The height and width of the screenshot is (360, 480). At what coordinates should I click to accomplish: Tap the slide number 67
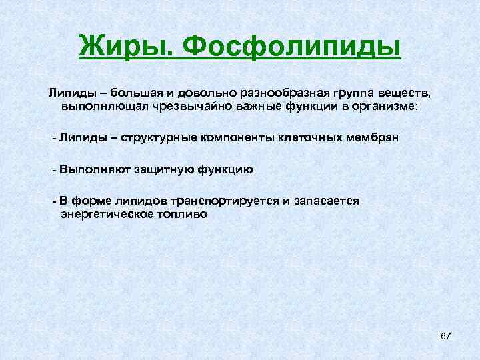tap(446, 337)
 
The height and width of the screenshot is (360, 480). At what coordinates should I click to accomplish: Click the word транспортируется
tap(224, 201)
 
